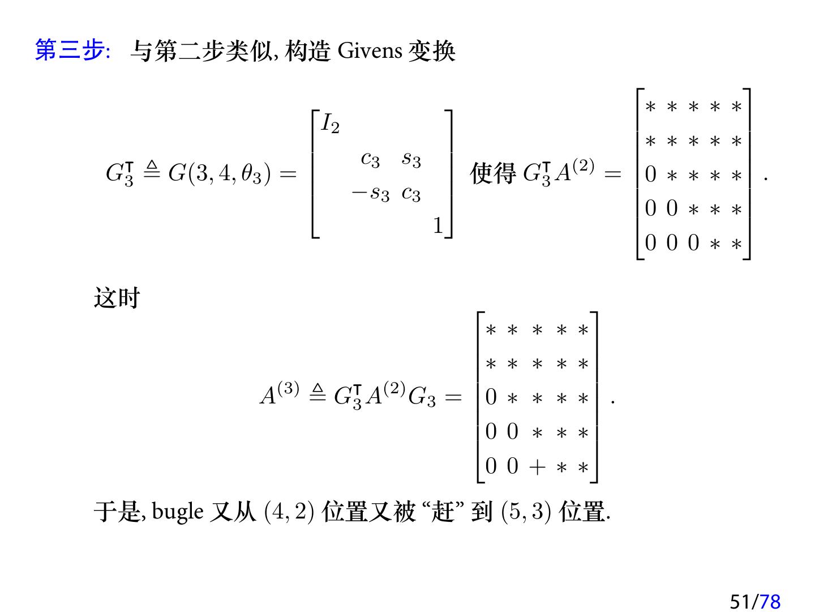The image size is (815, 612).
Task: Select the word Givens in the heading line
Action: coord(370,51)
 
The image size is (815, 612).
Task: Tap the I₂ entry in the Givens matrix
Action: coord(330,124)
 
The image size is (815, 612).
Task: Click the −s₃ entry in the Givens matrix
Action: coord(371,194)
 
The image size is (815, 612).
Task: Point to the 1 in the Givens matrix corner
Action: coord(437,226)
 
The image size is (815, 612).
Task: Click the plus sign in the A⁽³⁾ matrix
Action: coord(537,466)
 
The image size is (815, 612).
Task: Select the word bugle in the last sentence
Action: coord(178,512)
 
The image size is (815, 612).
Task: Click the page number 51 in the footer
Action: coord(740,601)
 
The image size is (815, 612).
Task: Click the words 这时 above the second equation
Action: coord(117,297)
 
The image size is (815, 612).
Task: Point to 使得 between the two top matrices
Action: coord(493,173)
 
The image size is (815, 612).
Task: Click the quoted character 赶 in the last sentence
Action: coord(443,512)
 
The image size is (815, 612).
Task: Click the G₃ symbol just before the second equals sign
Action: coord(422,397)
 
